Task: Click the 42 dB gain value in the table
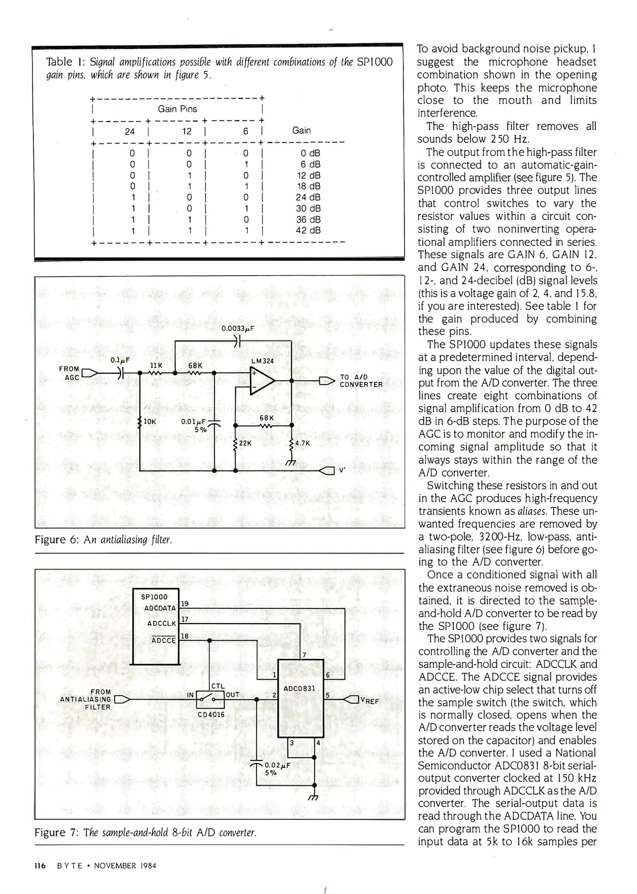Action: [308, 231]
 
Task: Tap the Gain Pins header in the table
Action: [177, 109]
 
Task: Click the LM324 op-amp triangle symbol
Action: [262, 381]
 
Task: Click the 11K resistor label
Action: [156, 365]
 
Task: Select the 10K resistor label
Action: [150, 422]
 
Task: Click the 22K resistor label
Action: [245, 443]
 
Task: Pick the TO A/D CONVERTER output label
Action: [361, 381]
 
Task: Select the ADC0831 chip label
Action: [300, 688]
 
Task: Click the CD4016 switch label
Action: [211, 715]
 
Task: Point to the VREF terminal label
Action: [369, 700]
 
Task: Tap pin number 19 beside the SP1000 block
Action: [185, 603]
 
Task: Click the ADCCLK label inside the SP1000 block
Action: [162, 623]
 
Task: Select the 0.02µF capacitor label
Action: [277, 765]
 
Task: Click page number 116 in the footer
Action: [40, 865]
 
